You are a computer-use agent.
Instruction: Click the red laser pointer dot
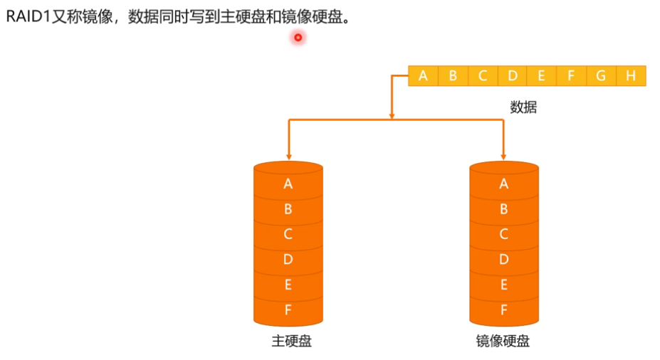point(298,38)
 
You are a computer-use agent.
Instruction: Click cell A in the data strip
point(424,75)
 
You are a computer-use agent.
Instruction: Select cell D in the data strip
point(513,75)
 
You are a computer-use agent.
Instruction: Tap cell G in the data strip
point(601,75)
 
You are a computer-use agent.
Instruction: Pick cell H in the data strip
point(631,75)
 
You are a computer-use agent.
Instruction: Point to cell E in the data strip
point(542,75)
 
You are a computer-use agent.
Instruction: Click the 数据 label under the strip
point(523,107)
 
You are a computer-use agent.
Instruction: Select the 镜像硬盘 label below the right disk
point(503,341)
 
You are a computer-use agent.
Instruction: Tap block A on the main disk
point(288,184)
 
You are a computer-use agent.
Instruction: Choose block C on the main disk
point(288,234)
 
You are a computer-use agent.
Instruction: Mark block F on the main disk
point(288,310)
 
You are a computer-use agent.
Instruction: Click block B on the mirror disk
point(504,209)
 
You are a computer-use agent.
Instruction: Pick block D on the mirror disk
point(504,260)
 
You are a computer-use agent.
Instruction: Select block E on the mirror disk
point(504,285)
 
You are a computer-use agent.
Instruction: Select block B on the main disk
point(288,209)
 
